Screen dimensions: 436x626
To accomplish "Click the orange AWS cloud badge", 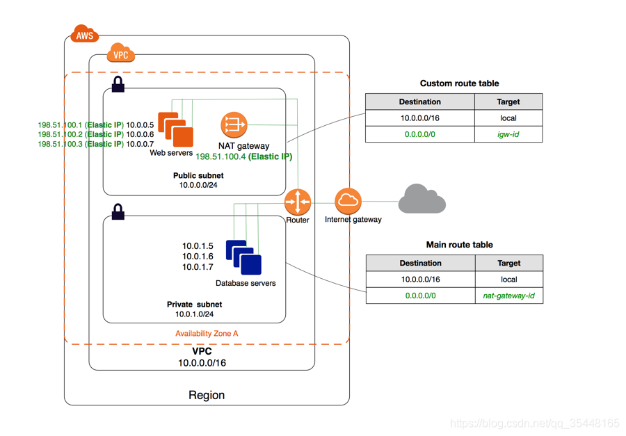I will pos(84,34).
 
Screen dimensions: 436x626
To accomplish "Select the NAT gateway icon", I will pos(234,125).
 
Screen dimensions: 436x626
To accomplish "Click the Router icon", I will pos(298,202).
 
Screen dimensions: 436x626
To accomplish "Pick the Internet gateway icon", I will pos(348,201).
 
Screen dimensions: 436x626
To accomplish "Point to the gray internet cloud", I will pos(422,199).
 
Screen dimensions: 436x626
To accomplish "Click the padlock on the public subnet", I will pos(118,85).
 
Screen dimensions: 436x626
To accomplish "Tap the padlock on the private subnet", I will pos(118,211).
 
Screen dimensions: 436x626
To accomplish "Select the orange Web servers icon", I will pos(175,129).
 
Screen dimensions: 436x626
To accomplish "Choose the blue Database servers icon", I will pos(243,257).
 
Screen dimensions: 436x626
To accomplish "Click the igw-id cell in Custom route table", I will pos(508,134).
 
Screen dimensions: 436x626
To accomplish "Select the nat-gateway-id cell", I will pos(508,296).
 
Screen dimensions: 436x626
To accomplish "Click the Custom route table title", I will pos(459,83).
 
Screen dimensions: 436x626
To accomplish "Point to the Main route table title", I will pos(459,245).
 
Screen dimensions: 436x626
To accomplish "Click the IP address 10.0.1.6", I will pos(198,257).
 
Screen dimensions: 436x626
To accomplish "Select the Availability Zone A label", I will pos(207,334).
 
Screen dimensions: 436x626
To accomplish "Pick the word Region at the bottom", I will pos(207,395).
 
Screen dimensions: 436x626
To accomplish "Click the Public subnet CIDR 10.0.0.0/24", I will pos(198,186).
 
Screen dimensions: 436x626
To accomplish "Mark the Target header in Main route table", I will pos(508,264).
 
